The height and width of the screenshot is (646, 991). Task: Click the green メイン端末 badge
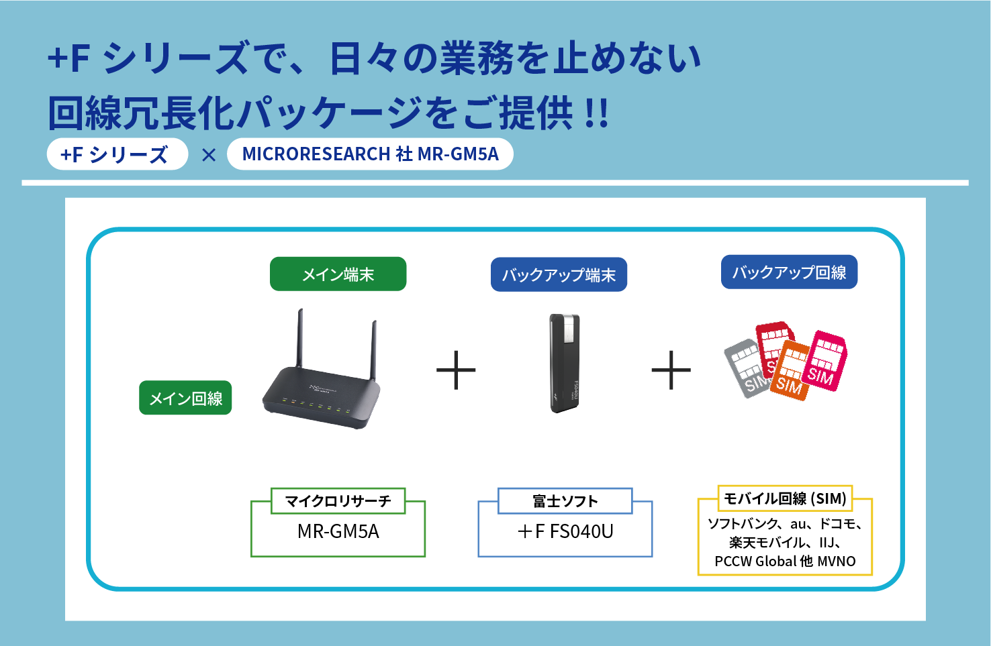(338, 274)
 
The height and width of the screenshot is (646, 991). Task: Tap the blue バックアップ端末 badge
(559, 274)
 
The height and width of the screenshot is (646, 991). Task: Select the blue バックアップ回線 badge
(789, 272)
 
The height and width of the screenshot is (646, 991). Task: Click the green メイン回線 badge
(185, 398)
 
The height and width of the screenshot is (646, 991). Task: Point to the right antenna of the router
(373, 349)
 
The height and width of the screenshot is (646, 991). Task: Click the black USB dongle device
(565, 363)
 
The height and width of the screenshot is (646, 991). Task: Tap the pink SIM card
(823, 362)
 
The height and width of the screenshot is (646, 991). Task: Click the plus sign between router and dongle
(456, 370)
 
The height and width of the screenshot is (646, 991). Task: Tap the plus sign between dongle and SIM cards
(671, 370)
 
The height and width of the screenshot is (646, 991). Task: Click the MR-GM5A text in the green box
(338, 532)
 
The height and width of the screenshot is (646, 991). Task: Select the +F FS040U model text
(565, 532)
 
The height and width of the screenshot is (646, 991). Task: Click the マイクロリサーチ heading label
(338, 501)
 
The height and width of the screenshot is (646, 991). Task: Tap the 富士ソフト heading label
(565, 501)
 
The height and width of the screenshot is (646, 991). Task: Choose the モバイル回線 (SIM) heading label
(785, 498)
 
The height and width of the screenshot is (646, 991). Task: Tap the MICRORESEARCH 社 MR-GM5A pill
(370, 154)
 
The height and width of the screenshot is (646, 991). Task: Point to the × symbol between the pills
(209, 155)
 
